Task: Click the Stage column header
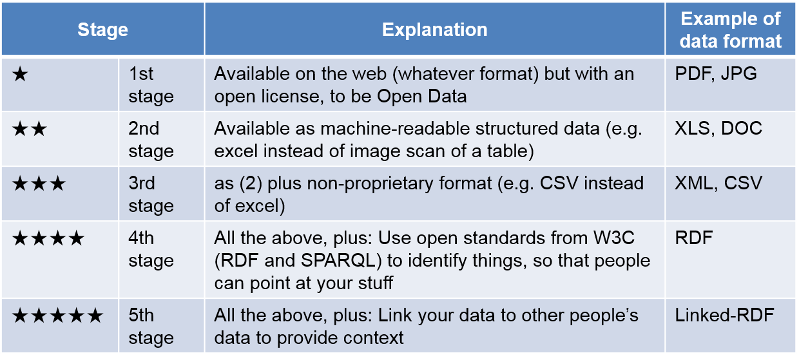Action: click(102, 30)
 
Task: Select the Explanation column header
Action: click(434, 30)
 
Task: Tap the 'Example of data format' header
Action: click(731, 30)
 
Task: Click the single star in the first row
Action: click(20, 74)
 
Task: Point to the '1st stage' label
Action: click(151, 85)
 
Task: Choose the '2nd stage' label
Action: click(151, 140)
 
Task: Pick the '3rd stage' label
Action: click(151, 194)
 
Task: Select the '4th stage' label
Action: click(151, 249)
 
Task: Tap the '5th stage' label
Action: click(151, 327)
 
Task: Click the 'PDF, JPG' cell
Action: click(715, 74)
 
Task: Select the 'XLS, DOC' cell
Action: click(718, 128)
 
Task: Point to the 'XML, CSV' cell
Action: click(718, 183)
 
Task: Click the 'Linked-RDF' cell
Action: click(724, 315)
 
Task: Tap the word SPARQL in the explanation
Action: click(338, 261)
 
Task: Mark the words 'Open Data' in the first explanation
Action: click(422, 96)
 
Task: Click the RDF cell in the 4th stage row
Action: click(694, 238)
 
